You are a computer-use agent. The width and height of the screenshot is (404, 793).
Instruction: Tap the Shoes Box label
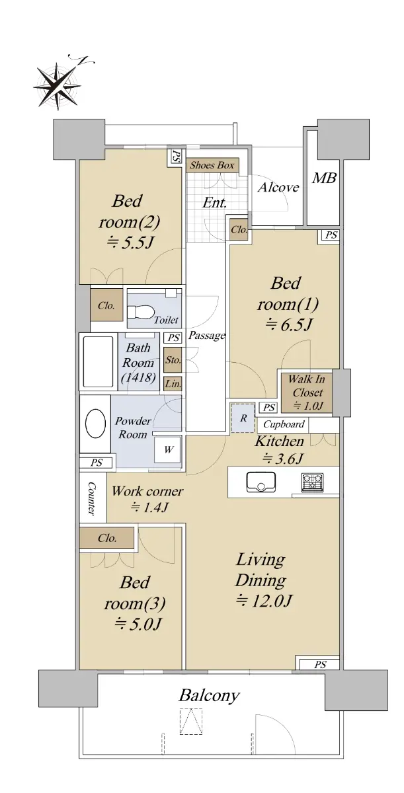point(212,165)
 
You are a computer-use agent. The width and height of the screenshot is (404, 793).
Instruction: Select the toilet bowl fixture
point(141,311)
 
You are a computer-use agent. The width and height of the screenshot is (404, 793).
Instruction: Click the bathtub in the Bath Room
point(98,361)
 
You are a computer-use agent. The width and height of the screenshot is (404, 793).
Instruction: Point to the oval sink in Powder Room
point(96,424)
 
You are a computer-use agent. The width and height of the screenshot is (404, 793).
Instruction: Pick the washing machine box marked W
point(168,449)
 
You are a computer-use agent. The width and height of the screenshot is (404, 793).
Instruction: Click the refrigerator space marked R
point(243,418)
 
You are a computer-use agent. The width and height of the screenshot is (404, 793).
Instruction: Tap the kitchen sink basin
point(261,482)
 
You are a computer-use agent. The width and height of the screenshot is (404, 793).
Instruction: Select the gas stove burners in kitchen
point(312,482)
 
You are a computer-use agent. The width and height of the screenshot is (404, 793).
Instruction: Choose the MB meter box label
point(324,178)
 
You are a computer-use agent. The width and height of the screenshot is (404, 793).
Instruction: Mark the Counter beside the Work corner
point(93,498)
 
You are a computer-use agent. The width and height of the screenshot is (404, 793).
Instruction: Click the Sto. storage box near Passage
point(173,359)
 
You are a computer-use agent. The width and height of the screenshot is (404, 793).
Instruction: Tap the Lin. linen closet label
point(173,384)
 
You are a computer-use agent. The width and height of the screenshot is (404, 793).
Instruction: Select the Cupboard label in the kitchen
point(284,424)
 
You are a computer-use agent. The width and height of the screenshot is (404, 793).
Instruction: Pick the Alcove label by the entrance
point(278,187)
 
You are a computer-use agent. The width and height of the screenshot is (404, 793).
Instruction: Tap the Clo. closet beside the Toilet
point(106,305)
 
